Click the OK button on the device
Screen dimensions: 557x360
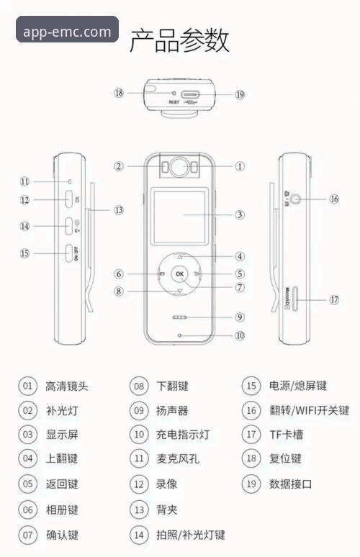tap(179, 274)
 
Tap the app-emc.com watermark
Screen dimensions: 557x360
tap(67, 32)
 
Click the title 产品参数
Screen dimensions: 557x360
tap(179, 40)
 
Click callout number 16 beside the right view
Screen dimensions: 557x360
tap(333, 199)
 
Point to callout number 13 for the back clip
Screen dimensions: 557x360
tap(117, 210)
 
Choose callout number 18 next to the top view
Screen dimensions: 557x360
tap(119, 93)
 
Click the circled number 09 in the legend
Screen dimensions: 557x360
tap(139, 411)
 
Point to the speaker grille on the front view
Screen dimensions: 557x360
tap(179, 317)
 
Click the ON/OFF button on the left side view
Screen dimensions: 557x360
tap(69, 253)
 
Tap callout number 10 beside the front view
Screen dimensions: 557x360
tap(239, 335)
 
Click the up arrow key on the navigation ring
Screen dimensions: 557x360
tap(179, 256)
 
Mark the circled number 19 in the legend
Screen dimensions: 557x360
tap(250, 484)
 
